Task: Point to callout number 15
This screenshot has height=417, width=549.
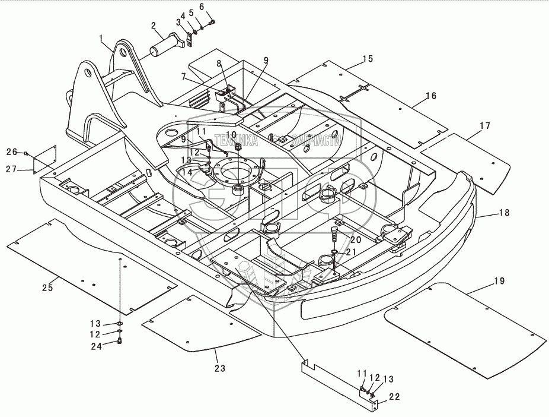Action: [x=368, y=59]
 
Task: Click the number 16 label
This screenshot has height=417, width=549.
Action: [x=431, y=96]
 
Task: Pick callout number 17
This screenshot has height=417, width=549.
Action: [x=485, y=125]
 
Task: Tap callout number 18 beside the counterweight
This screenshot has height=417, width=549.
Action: [x=504, y=213]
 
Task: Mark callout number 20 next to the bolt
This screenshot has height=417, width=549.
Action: [x=356, y=239]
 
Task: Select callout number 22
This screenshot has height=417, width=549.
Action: [x=394, y=397]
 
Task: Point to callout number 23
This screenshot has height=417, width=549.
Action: [x=220, y=368]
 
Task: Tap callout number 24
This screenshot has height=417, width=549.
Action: [x=96, y=346]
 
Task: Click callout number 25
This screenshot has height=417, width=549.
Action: [x=47, y=288]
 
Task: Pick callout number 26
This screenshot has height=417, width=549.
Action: [x=11, y=152]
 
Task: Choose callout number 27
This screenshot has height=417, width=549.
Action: [x=11, y=169]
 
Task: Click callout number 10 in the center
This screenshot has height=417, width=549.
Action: [x=231, y=135]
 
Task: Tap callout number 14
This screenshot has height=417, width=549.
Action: [x=187, y=172]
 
